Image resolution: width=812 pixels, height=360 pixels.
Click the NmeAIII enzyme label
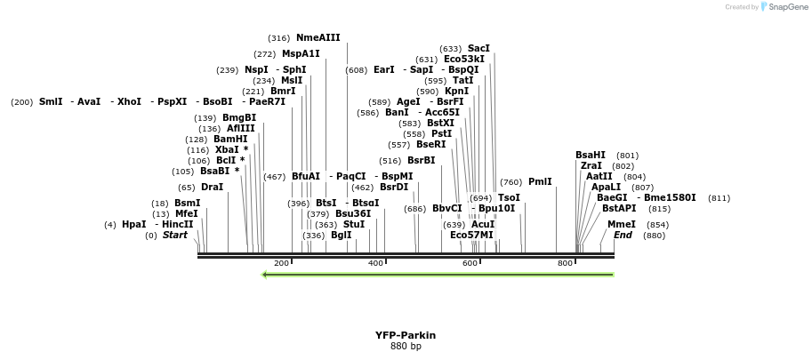(318, 38)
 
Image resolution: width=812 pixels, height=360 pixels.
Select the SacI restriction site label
(478, 49)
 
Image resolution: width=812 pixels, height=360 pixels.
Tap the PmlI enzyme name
(540, 182)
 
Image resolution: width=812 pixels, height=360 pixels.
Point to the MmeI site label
(622, 224)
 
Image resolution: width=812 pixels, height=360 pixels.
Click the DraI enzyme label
(212, 188)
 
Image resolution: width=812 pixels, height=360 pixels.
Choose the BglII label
(341, 236)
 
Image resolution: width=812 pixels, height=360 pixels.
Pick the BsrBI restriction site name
(422, 161)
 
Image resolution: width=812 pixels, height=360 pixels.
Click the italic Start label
(174, 236)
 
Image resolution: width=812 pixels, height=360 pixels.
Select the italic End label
(623, 236)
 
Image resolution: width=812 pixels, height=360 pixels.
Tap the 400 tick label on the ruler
(375, 263)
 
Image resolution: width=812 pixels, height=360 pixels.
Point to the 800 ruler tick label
(564, 263)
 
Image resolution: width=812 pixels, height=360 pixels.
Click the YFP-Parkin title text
(406, 335)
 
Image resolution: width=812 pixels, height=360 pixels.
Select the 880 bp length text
(406, 346)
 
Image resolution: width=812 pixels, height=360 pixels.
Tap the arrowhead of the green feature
(264, 274)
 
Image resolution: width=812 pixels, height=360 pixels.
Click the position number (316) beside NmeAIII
(278, 38)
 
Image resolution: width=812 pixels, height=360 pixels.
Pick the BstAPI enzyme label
(619, 209)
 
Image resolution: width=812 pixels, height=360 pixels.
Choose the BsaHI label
(590, 156)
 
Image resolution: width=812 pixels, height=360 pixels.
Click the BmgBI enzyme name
(238, 118)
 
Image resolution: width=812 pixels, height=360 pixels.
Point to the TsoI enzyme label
(509, 198)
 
